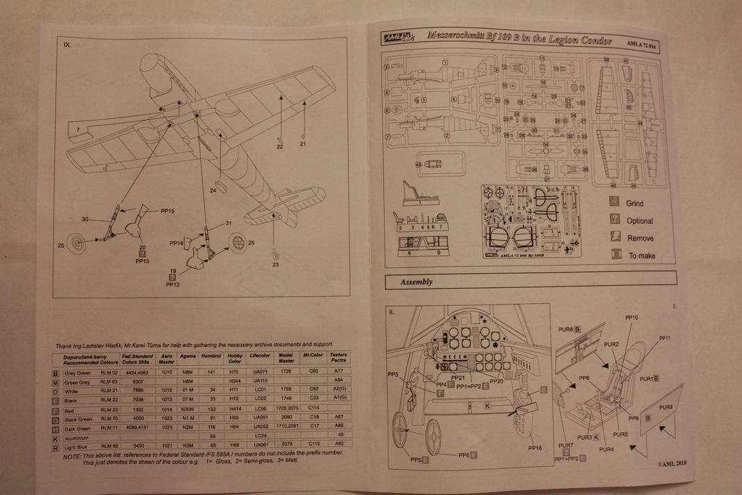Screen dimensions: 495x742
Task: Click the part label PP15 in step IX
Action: click(167, 210)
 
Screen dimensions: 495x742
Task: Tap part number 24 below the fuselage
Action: click(213, 190)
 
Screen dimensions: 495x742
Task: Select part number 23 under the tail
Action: click(275, 264)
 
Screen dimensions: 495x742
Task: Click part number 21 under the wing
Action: click(303, 144)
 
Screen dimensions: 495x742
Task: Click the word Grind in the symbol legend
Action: click(635, 204)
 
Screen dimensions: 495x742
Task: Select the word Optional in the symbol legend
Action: click(640, 221)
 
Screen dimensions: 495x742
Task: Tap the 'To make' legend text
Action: click(642, 256)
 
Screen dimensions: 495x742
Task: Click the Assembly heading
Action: click(416, 282)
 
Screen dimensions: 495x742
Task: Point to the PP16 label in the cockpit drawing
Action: click(534, 448)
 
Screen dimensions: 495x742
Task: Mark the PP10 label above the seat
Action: click(632, 318)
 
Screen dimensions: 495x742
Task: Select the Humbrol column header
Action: click(211, 355)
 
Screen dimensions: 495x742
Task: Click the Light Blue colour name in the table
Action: click(76, 446)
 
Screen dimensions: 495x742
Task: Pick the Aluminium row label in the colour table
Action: click(76, 437)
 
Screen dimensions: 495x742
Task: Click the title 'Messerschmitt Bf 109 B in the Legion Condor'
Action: click(519, 41)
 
